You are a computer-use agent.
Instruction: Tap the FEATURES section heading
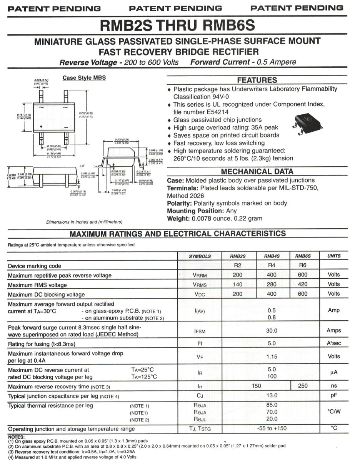click(x=257, y=80)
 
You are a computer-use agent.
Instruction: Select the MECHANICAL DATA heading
click(x=257, y=172)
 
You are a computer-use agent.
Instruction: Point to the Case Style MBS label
click(x=84, y=78)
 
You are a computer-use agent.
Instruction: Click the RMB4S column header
click(x=272, y=256)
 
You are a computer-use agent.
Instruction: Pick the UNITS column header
click(x=333, y=256)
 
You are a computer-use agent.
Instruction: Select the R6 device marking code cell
click(x=302, y=265)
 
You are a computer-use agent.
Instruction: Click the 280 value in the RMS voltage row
click(x=272, y=284)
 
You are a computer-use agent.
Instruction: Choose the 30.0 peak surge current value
click(x=272, y=330)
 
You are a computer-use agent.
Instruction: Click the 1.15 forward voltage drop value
click(x=272, y=357)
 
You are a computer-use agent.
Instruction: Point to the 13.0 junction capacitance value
click(x=272, y=395)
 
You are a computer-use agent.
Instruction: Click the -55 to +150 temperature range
click(x=272, y=429)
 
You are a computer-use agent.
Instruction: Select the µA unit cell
click(x=333, y=373)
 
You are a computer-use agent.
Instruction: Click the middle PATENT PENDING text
click(x=176, y=8)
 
